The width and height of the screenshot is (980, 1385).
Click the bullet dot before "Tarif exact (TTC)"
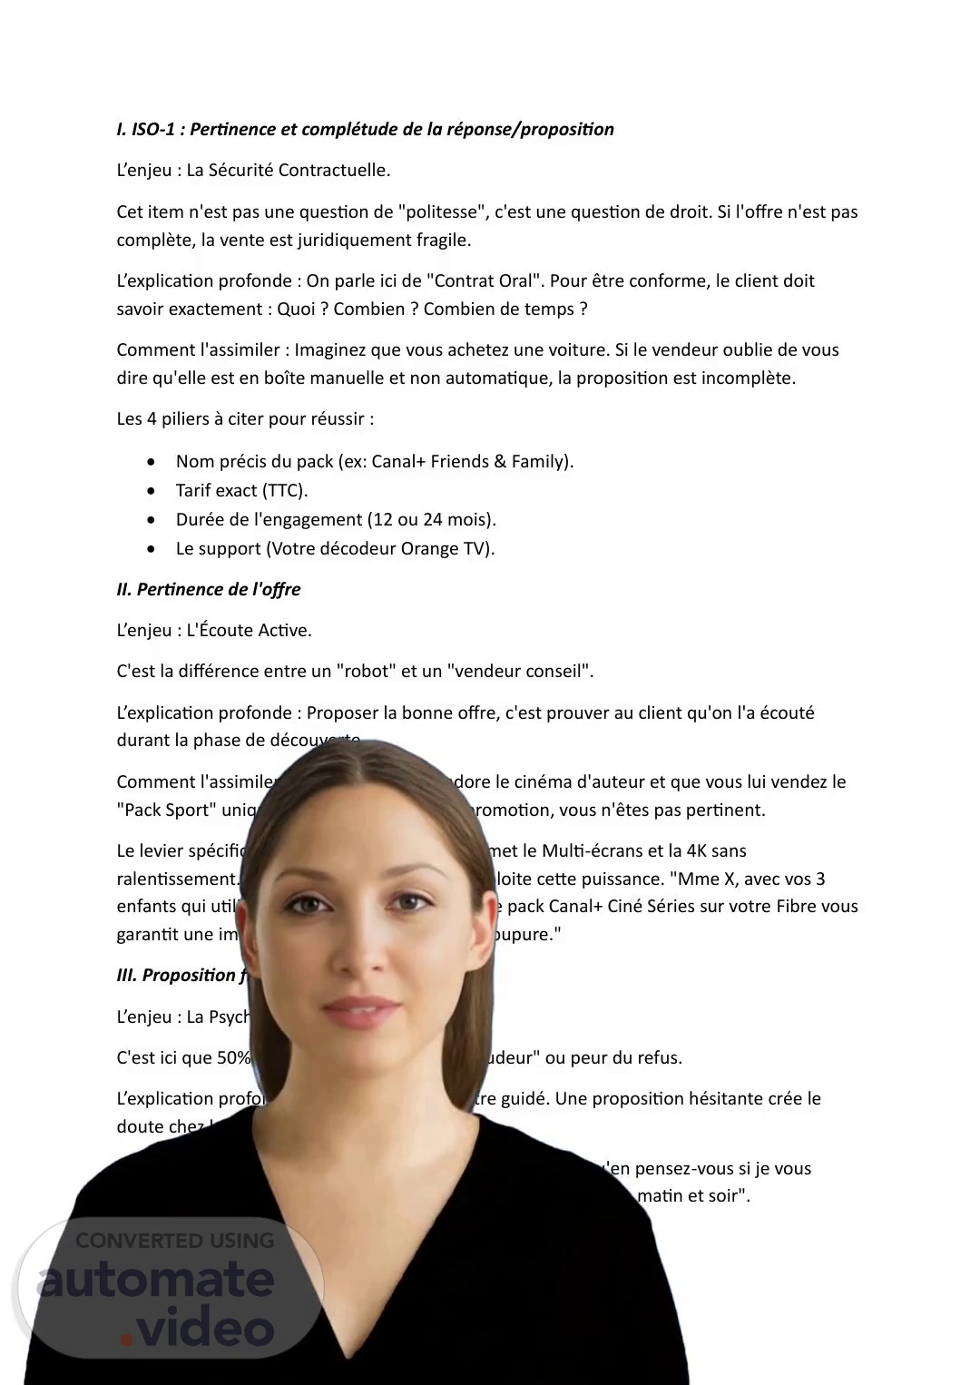(x=151, y=491)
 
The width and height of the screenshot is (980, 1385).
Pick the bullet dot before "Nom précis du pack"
(x=151, y=462)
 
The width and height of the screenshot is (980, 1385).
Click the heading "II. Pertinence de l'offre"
(x=209, y=589)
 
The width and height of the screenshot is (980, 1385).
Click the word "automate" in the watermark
(x=155, y=1281)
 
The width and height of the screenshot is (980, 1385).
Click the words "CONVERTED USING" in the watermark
(x=174, y=1241)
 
